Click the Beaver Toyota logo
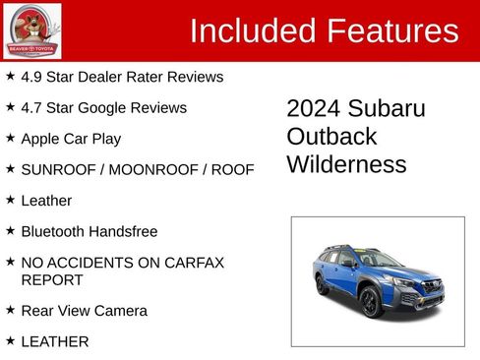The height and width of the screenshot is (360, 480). (x=31, y=30)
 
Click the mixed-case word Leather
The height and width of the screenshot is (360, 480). (x=46, y=201)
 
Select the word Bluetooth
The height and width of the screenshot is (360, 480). (x=54, y=232)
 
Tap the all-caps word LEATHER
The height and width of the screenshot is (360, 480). (x=55, y=342)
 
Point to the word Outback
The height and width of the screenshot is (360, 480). (x=331, y=136)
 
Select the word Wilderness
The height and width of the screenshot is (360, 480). (x=346, y=164)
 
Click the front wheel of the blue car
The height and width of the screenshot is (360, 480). (x=371, y=302)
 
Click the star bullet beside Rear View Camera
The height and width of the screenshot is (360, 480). (x=10, y=310)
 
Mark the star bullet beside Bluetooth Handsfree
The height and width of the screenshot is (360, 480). (x=10, y=231)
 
